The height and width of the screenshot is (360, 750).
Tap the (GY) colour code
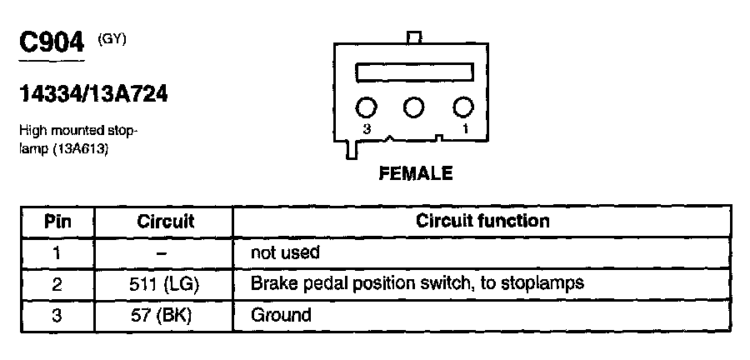point(112,38)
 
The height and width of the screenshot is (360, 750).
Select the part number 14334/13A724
point(92,95)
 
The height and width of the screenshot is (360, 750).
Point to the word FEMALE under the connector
point(415,174)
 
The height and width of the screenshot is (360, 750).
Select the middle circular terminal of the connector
point(414,107)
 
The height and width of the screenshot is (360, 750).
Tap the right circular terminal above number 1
point(463,107)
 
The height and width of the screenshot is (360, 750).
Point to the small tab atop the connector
point(415,37)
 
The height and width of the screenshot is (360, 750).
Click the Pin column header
point(57,222)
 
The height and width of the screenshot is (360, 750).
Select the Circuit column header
point(165,222)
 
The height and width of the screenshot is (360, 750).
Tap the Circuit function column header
point(482,222)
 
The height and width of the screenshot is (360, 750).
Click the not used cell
point(285,252)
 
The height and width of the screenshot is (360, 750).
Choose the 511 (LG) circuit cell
point(165,283)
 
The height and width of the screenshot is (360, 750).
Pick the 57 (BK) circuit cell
point(165,315)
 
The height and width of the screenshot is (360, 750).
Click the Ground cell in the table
point(281,315)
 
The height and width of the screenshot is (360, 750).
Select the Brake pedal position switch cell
point(417,283)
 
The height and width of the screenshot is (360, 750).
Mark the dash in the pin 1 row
point(164,252)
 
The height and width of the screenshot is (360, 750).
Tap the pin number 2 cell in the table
point(57,283)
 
